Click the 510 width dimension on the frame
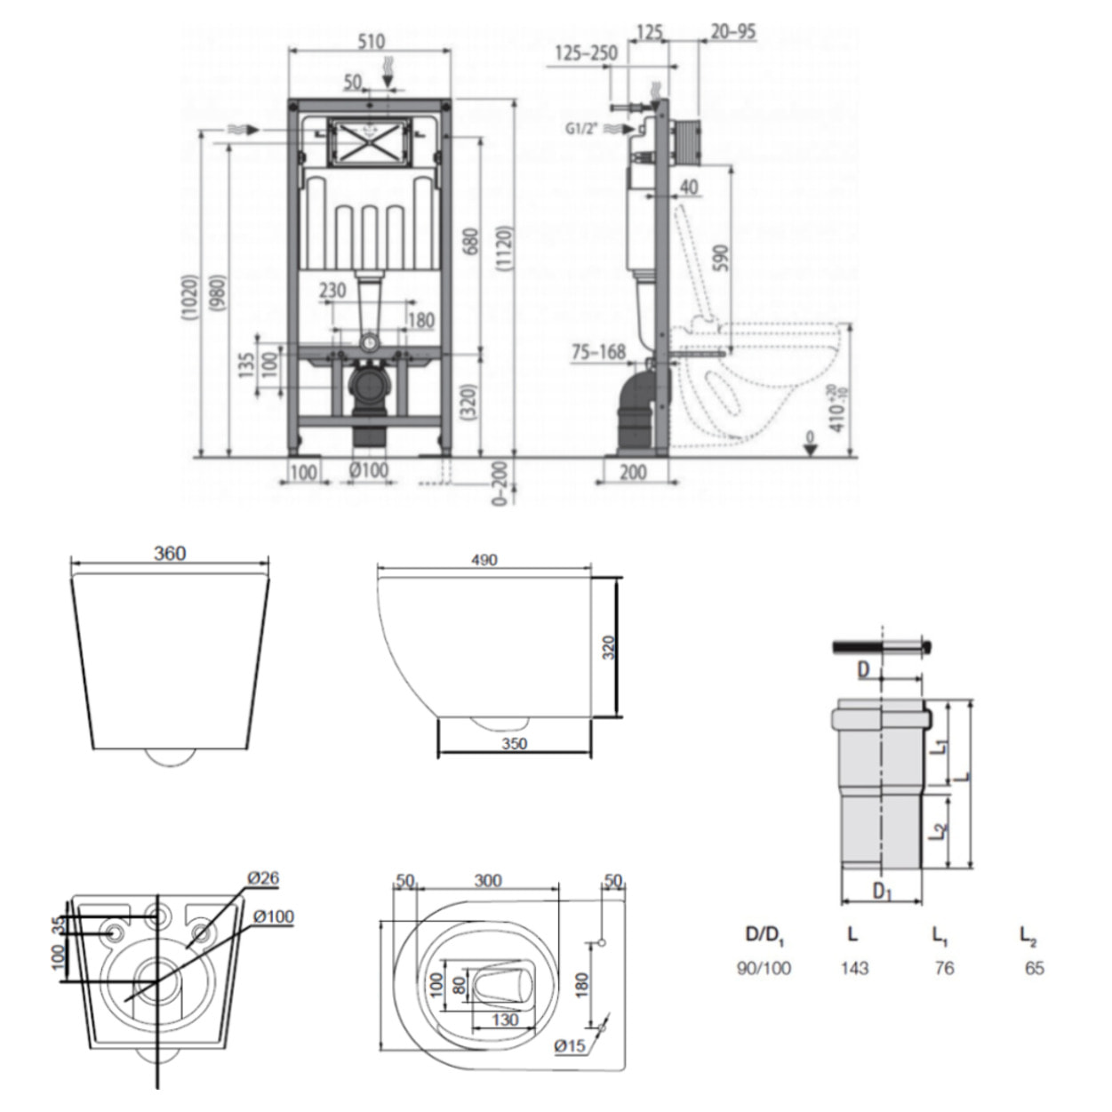372,41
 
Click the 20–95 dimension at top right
733,32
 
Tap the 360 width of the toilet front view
170,554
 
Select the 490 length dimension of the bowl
484,560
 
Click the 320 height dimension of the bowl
609,647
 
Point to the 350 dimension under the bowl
515,743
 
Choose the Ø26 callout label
263,878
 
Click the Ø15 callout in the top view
570,1046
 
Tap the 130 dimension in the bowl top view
505,1020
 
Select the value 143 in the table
855,968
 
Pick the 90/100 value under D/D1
764,968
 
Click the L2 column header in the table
1028,935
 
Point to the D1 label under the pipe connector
881,891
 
